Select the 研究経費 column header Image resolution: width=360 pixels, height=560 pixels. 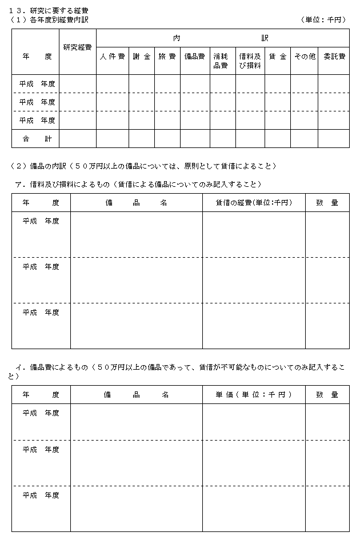coord(77,47)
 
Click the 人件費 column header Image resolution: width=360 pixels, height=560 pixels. coord(112,57)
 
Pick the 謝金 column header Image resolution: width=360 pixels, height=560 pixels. coord(141,57)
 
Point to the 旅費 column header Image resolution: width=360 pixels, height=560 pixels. coord(167,57)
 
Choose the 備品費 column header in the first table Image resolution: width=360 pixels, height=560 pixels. coord(195,57)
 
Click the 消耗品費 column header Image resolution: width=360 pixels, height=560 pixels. coord(222,61)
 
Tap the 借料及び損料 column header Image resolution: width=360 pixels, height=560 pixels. coord(250,61)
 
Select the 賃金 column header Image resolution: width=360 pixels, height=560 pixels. coord(277,57)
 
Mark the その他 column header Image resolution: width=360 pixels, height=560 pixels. coord(304,57)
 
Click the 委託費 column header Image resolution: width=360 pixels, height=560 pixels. coord(333,57)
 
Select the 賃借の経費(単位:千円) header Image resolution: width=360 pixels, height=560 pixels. coord(253,203)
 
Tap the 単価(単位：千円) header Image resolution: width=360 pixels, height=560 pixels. coord(253,394)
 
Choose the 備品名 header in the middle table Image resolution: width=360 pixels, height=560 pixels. coord(136,203)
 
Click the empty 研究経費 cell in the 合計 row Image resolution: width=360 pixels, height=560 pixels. coord(77,138)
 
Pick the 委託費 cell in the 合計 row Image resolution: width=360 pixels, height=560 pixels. coord(333,138)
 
